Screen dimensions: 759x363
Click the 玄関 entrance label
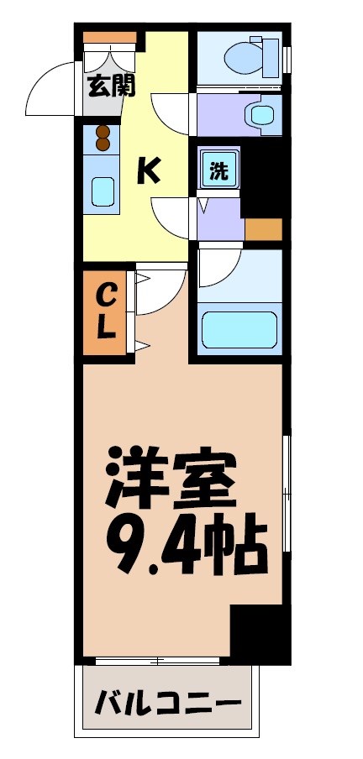tap(111, 86)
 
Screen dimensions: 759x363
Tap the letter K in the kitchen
tap(149, 171)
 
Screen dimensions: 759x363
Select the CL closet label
tap(106, 310)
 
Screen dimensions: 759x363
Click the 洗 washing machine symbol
tap(218, 171)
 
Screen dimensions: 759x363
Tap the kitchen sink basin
tap(103, 193)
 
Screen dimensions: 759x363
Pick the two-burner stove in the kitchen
tap(103, 138)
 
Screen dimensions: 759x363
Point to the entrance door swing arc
tap(49, 93)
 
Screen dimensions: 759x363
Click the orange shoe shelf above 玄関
tap(109, 37)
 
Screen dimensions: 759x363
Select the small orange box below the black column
tap(262, 229)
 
